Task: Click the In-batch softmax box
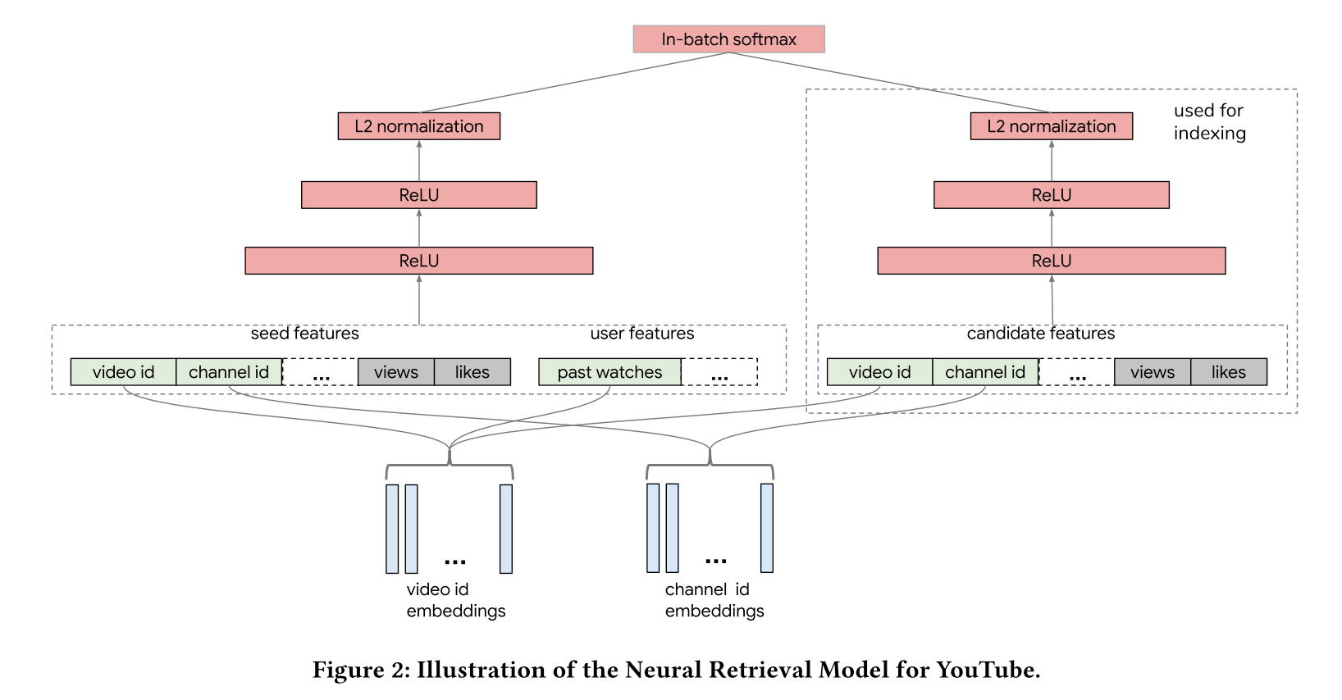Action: (x=728, y=39)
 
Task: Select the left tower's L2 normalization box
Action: (x=419, y=126)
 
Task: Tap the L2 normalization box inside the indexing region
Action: (x=1052, y=126)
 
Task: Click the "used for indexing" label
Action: (x=1210, y=121)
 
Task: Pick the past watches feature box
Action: (x=610, y=372)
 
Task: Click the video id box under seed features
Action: (x=123, y=372)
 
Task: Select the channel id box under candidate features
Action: (x=985, y=372)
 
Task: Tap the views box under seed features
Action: (x=396, y=372)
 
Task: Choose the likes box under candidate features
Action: (x=1229, y=372)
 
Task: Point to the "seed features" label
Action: (x=304, y=333)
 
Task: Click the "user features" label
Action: (x=641, y=333)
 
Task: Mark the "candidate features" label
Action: (x=1041, y=333)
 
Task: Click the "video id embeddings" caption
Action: (x=456, y=600)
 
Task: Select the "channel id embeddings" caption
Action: (x=714, y=600)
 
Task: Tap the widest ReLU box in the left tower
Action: (x=419, y=261)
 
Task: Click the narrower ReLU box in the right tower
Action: (x=1052, y=194)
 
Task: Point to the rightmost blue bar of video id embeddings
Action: (x=505, y=529)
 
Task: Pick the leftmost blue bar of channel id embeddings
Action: (x=653, y=528)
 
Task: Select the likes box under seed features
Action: (x=472, y=372)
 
